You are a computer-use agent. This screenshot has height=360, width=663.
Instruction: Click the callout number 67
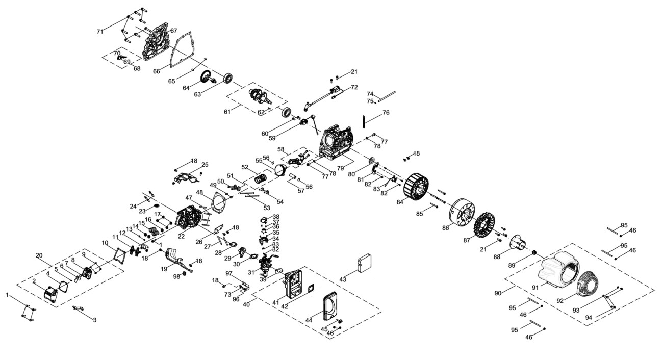174,31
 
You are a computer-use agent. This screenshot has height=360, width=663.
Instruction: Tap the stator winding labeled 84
416,187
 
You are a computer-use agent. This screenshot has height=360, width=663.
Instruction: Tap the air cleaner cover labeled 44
331,306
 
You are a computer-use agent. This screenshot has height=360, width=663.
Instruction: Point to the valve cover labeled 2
50,295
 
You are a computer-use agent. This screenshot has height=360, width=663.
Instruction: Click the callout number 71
100,32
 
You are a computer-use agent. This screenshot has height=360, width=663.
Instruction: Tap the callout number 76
386,113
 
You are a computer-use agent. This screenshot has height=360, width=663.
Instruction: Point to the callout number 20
39,255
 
